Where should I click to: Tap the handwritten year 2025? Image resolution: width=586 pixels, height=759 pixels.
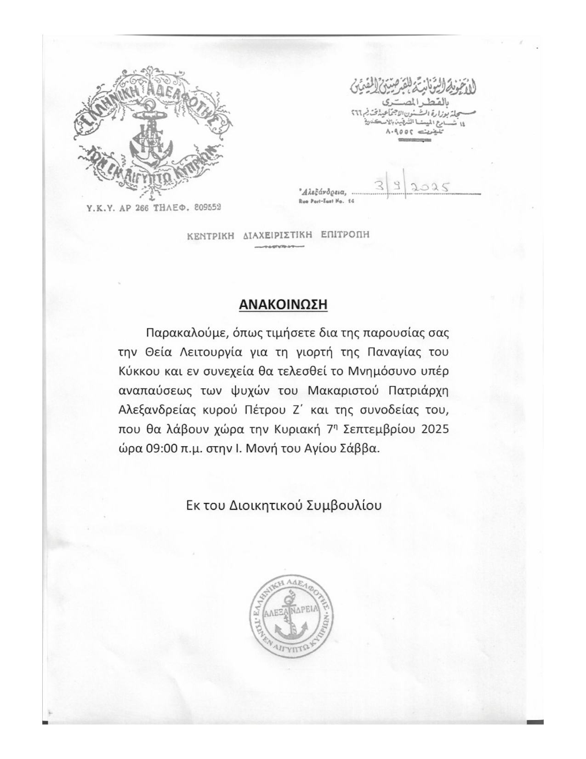430,187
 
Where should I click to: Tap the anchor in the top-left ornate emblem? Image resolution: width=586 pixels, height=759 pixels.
149,138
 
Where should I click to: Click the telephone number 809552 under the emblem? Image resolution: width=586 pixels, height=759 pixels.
207,207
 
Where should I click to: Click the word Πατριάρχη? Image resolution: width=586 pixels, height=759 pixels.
418,391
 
